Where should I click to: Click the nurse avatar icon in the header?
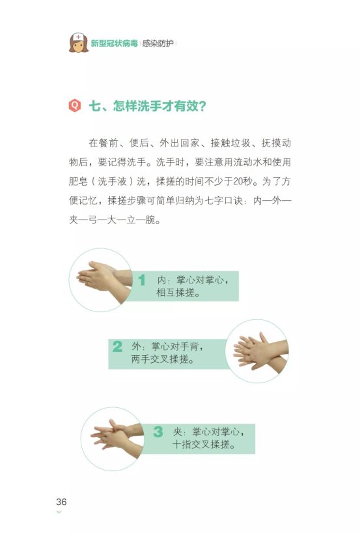(x=79, y=42)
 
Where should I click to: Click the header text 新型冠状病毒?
(x=114, y=43)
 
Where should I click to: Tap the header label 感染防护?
(x=158, y=43)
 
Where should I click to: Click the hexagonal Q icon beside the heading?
(x=75, y=105)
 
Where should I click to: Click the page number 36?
(x=61, y=502)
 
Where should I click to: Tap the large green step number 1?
(x=141, y=280)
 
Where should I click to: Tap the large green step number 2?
(x=117, y=346)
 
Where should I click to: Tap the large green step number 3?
(x=158, y=431)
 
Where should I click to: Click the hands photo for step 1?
(x=101, y=280)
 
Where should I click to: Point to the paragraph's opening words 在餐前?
(x=102, y=143)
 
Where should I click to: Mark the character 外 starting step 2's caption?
(x=135, y=346)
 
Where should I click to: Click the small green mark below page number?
(x=59, y=512)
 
